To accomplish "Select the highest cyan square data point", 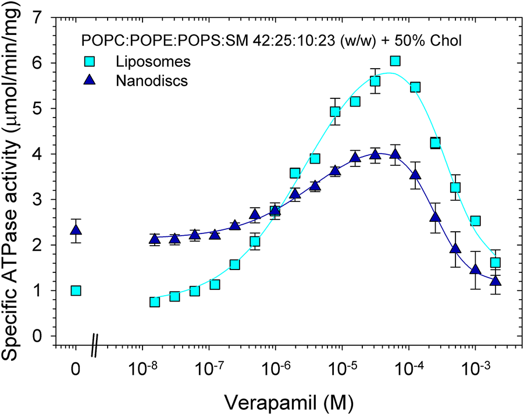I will click(x=395, y=61).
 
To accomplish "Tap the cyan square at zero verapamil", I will click(x=76, y=290).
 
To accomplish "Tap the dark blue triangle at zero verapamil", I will click(x=76, y=230).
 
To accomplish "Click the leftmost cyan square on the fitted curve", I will click(x=155, y=302).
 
